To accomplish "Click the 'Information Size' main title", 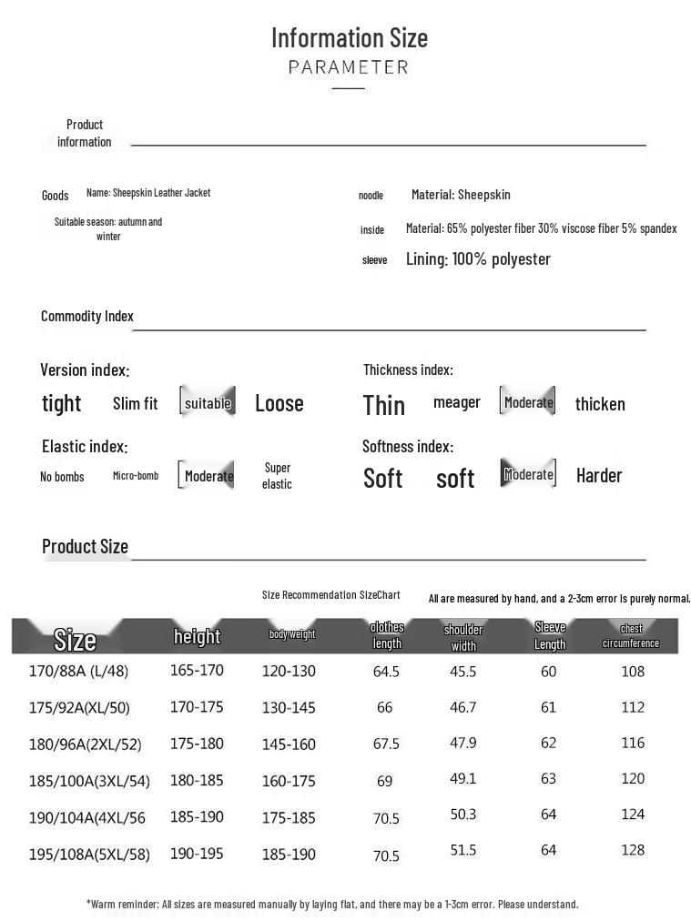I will pyautogui.click(x=349, y=38).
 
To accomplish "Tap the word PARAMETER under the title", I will pyautogui.click(x=349, y=67).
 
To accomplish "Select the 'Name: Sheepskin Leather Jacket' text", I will pyautogui.click(x=148, y=193).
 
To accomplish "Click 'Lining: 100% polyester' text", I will pyautogui.click(x=478, y=259).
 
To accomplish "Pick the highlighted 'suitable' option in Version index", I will pyautogui.click(x=208, y=403).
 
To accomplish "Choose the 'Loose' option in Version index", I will pyautogui.click(x=279, y=403).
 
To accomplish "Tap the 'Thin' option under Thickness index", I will pyautogui.click(x=384, y=405).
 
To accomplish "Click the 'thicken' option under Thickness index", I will pyautogui.click(x=600, y=404).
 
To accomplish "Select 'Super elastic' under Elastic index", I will pyautogui.click(x=277, y=476).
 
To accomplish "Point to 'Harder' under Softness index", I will pyautogui.click(x=599, y=475).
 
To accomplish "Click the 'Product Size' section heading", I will pyautogui.click(x=85, y=547).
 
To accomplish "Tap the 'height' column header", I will pyautogui.click(x=198, y=636).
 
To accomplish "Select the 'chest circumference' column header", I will pyautogui.click(x=631, y=636).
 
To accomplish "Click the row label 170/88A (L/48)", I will pyautogui.click(x=78, y=672).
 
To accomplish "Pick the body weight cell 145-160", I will pyautogui.click(x=289, y=744).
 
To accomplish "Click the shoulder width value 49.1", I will pyautogui.click(x=463, y=779).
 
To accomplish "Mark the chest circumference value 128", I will pyautogui.click(x=633, y=850).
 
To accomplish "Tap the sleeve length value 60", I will pyautogui.click(x=548, y=672).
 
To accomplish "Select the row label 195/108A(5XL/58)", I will pyautogui.click(x=89, y=855).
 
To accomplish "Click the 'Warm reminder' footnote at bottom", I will pyautogui.click(x=332, y=905).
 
